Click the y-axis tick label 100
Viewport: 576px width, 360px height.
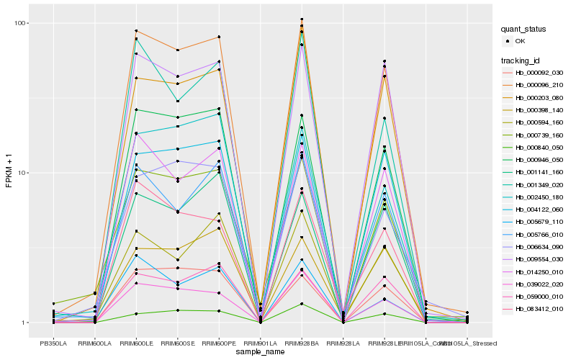(20, 23)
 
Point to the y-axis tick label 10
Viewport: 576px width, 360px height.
(22, 173)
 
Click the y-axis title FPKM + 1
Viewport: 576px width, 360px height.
(9, 173)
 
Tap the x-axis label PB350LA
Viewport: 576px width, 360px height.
(53, 343)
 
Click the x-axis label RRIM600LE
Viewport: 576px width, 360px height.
(135, 343)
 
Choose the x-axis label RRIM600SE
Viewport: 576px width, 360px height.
(177, 343)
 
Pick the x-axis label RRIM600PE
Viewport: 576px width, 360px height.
(219, 343)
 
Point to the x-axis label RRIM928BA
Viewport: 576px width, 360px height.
(302, 343)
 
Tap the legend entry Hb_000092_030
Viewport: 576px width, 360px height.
(539, 73)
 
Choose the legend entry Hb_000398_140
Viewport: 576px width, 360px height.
(539, 109)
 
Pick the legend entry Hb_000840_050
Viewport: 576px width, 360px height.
(539, 147)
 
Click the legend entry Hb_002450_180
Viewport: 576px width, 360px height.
(539, 197)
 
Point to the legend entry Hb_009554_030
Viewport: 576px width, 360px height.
(539, 258)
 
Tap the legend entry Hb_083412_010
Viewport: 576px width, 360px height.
(539, 308)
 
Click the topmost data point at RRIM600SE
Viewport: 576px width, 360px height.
(177, 50)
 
